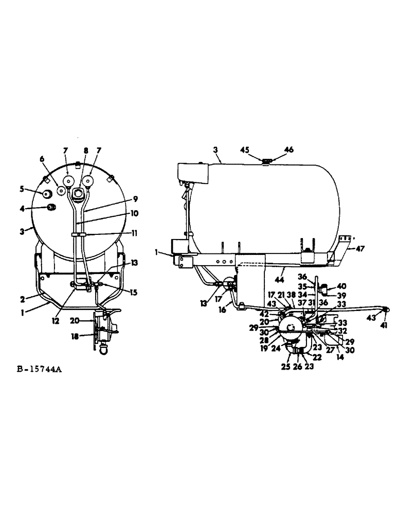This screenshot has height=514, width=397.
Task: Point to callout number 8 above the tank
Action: coord(86,150)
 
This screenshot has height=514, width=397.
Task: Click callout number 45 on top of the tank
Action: coord(245,150)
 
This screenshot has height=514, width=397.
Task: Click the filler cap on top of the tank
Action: coord(266,162)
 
